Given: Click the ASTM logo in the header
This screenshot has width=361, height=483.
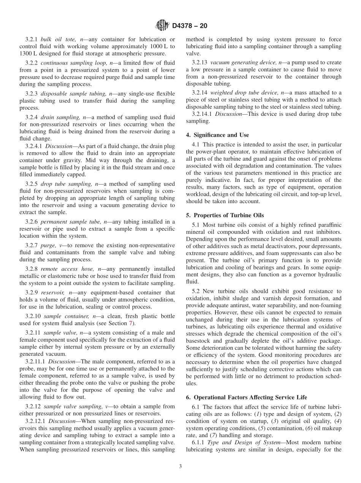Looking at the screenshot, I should pyautogui.click(x=162, y=26).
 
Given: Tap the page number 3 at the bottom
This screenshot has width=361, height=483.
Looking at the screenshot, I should pyautogui.click(x=180, y=467).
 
